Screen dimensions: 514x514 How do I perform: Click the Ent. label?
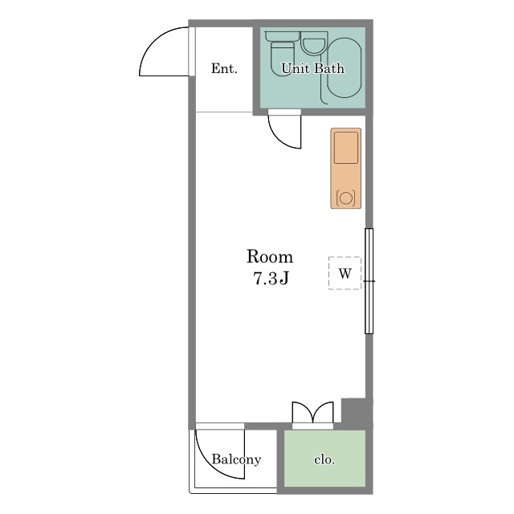tap(224, 68)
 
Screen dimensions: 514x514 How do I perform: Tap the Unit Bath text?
tap(312, 68)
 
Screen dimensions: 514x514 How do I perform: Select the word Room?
tap(270, 257)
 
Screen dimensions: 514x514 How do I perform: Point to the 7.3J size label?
tap(271, 279)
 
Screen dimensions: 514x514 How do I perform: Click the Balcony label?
tap(236, 459)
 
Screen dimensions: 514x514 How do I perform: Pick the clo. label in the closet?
tap(324, 459)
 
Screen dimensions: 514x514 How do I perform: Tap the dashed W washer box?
tap(345, 273)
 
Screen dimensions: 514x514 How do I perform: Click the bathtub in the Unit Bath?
tap(345, 67)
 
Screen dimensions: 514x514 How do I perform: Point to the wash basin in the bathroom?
tap(314, 43)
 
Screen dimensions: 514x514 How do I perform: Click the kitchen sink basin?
tap(346, 148)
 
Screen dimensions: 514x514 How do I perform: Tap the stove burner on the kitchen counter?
tap(346, 198)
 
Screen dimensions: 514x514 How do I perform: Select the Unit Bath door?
tap(284, 131)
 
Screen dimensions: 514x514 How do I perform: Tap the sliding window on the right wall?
tap(369, 281)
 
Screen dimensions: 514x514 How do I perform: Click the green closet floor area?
tap(324, 459)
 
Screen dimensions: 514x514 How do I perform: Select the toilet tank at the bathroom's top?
tap(282, 36)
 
